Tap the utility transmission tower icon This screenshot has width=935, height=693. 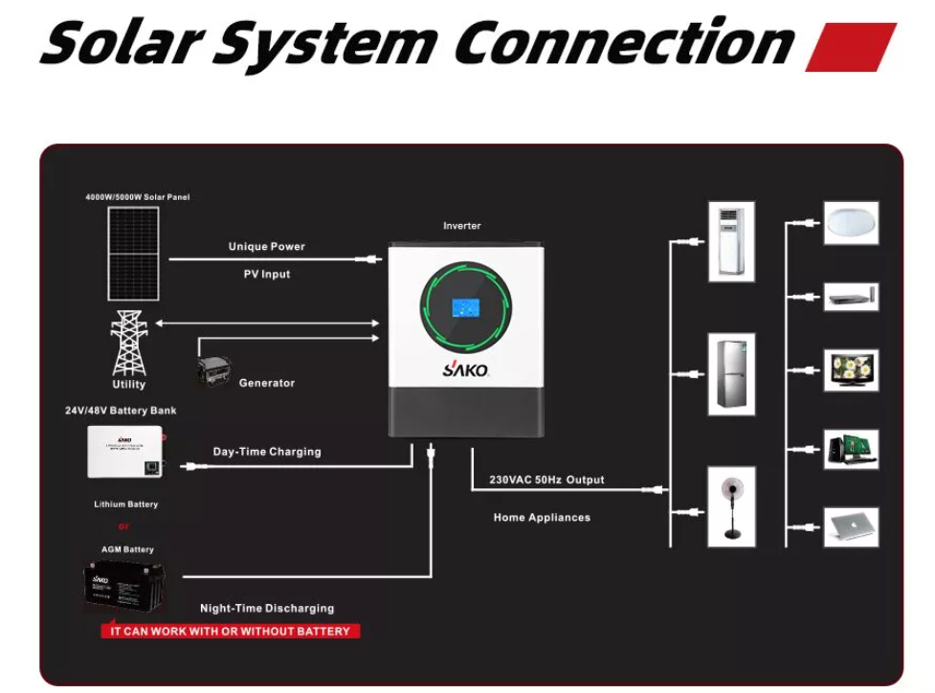tap(129, 343)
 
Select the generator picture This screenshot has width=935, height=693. tap(212, 372)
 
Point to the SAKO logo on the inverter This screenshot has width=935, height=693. tap(465, 369)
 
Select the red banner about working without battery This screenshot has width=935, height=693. tap(231, 632)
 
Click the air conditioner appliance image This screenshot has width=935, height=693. tap(731, 241)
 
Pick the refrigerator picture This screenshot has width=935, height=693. tap(731, 373)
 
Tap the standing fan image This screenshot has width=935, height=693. tap(731, 506)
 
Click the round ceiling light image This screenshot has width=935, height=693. tap(851, 223)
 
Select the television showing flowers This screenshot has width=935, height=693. tap(851, 369)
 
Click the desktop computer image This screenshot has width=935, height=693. tap(851, 449)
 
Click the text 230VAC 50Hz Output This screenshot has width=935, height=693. tap(546, 480)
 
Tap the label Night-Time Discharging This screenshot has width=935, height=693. tap(267, 608)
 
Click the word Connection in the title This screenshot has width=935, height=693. tap(624, 43)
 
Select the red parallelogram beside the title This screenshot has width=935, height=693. tap(850, 47)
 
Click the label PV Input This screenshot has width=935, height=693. tap(266, 274)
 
